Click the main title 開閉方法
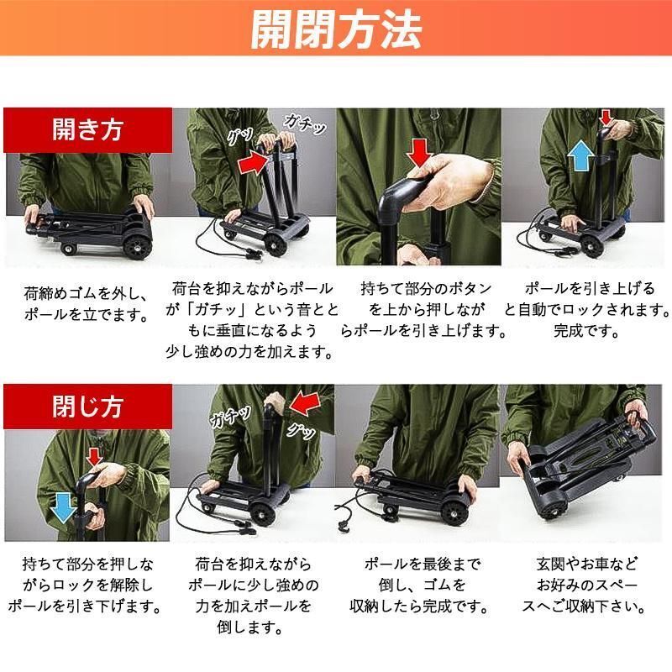[x=336, y=29]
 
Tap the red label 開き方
[x=88, y=130]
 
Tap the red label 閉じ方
[x=88, y=407]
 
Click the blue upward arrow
[x=580, y=157]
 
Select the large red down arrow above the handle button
[x=419, y=153]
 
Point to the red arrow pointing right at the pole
[x=253, y=164]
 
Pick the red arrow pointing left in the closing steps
[x=306, y=403]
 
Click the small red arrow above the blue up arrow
[x=606, y=117]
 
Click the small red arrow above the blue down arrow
[x=94, y=457]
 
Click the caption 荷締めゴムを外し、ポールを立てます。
[x=87, y=304]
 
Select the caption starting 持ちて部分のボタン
[x=423, y=309]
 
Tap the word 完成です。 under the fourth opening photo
[x=585, y=330]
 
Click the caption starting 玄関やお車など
[x=585, y=585]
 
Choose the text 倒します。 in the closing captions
[x=249, y=627]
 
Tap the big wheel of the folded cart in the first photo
[x=135, y=247]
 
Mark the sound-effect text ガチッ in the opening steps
[x=305, y=123]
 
